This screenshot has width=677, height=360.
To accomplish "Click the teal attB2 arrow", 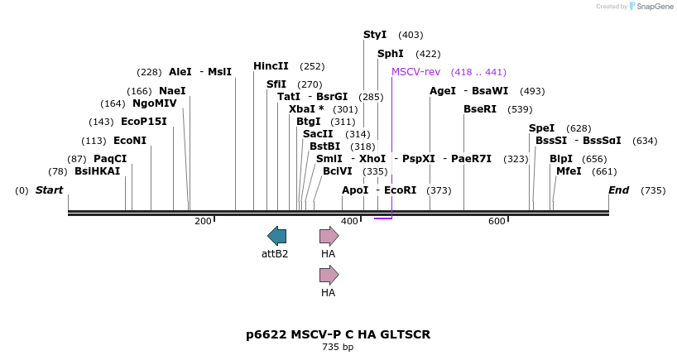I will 276,236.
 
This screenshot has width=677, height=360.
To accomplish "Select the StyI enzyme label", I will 375,35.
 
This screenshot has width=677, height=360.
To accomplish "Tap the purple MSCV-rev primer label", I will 415,72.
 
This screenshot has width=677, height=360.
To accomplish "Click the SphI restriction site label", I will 390,54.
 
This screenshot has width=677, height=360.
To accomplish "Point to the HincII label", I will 271,66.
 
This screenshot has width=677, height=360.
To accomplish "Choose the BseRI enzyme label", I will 480,109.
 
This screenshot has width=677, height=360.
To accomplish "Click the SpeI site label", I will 541,128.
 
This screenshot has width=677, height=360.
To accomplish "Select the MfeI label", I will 569,171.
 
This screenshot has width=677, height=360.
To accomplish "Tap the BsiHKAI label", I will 97,171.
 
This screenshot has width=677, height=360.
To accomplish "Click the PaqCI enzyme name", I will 110,159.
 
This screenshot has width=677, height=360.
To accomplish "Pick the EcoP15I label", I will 144,122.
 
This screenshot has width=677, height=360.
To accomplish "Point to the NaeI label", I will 172,91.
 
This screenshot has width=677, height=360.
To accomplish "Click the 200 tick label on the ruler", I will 203,222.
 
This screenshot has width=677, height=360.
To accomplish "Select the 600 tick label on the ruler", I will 497,222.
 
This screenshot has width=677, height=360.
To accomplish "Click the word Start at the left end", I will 49,190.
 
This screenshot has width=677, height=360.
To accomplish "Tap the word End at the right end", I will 618,190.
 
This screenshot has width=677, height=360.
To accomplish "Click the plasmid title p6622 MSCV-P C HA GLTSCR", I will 338,334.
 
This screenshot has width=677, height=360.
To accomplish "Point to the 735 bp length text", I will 338,347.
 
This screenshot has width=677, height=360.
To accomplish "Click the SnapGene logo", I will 652,6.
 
